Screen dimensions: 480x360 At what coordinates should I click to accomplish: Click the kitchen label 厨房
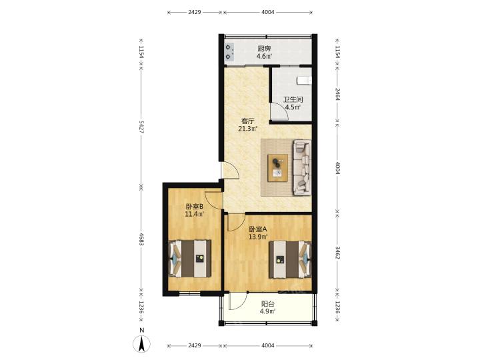click(264, 49)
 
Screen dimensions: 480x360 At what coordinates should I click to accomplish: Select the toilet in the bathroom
click(304, 80)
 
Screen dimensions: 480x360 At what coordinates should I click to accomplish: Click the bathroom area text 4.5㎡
click(293, 107)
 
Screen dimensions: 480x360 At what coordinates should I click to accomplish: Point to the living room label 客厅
click(247, 121)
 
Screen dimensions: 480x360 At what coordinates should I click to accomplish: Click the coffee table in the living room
click(277, 168)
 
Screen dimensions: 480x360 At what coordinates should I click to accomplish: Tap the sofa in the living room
click(302, 167)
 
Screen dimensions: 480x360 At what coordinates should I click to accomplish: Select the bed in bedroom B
click(190, 259)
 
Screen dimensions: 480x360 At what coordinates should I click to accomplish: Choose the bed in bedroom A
click(290, 259)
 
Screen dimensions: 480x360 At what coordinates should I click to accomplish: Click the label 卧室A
click(258, 229)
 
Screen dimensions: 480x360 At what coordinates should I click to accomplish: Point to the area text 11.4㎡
click(195, 214)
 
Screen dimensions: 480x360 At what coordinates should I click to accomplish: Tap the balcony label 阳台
click(267, 304)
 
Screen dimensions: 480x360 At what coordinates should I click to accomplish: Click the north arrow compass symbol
click(141, 343)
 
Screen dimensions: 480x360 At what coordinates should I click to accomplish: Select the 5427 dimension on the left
click(141, 127)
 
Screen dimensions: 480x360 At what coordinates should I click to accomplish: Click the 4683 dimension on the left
click(141, 239)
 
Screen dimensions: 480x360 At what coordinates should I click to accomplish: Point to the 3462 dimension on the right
click(337, 253)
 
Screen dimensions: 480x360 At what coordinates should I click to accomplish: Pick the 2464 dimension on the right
click(337, 94)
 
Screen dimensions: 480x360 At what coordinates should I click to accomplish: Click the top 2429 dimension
click(195, 12)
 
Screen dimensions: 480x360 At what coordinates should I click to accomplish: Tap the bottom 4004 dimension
click(268, 345)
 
